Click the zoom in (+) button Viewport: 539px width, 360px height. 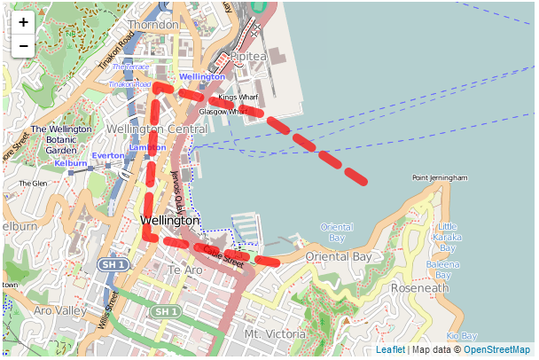(23, 23)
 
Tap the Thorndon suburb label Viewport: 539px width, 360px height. (152, 25)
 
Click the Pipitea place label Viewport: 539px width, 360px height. (248, 56)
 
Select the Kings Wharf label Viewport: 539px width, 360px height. (238, 97)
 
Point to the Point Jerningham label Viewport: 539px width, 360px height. (440, 178)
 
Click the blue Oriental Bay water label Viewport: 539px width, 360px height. (336, 232)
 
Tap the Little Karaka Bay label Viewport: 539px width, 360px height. (448, 232)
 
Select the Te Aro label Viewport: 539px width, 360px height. (185, 270)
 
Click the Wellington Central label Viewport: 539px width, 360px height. (156, 129)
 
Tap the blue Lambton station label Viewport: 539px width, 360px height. (147, 147)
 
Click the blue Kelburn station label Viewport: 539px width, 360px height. (71, 163)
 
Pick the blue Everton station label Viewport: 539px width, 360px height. (108, 156)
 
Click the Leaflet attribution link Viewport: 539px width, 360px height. (390, 350)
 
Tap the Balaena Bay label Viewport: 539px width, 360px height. (443, 270)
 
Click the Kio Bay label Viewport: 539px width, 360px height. (462, 336)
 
